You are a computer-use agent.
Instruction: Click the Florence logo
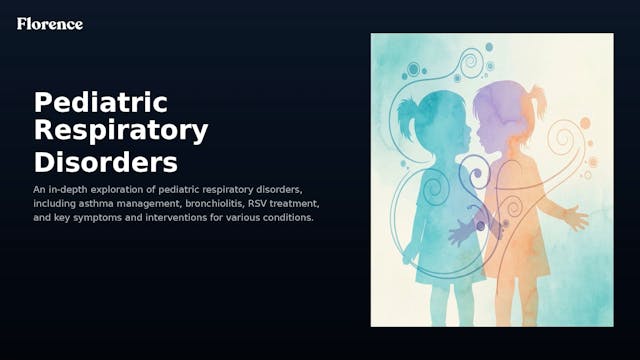[50, 23]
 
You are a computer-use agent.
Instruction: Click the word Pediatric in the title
[100, 102]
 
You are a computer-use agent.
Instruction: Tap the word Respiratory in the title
[121, 131]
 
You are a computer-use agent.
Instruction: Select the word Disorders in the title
[105, 161]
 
